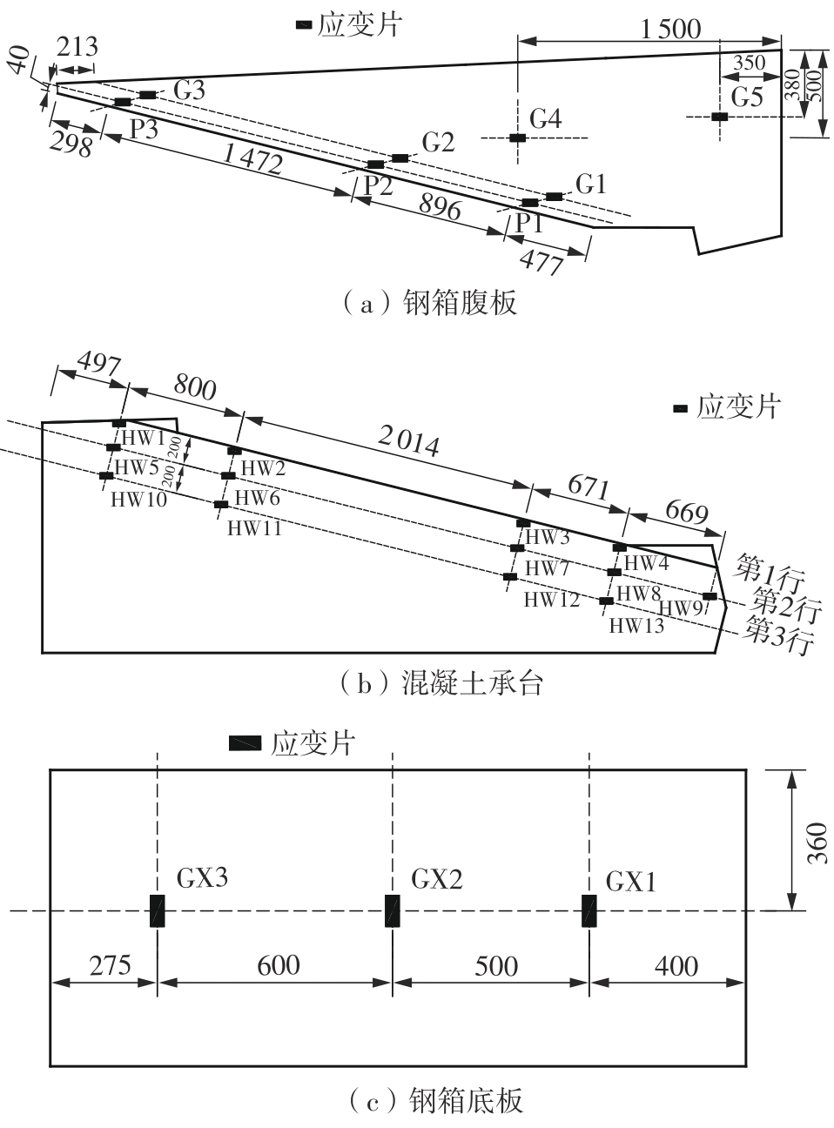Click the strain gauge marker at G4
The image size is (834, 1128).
click(x=517, y=138)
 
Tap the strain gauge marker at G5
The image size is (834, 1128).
click(x=718, y=117)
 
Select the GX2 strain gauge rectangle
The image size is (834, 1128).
click(x=393, y=910)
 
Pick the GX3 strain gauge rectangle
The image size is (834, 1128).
click(x=157, y=910)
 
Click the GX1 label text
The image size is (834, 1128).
click(x=631, y=882)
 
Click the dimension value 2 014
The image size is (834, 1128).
click(x=408, y=443)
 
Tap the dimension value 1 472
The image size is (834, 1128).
click(x=252, y=158)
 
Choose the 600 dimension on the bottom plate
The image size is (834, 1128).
click(x=279, y=964)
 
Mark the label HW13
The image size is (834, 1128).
click(x=636, y=625)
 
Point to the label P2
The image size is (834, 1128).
click(x=378, y=185)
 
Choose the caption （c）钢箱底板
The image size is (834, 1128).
click(x=435, y=1101)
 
